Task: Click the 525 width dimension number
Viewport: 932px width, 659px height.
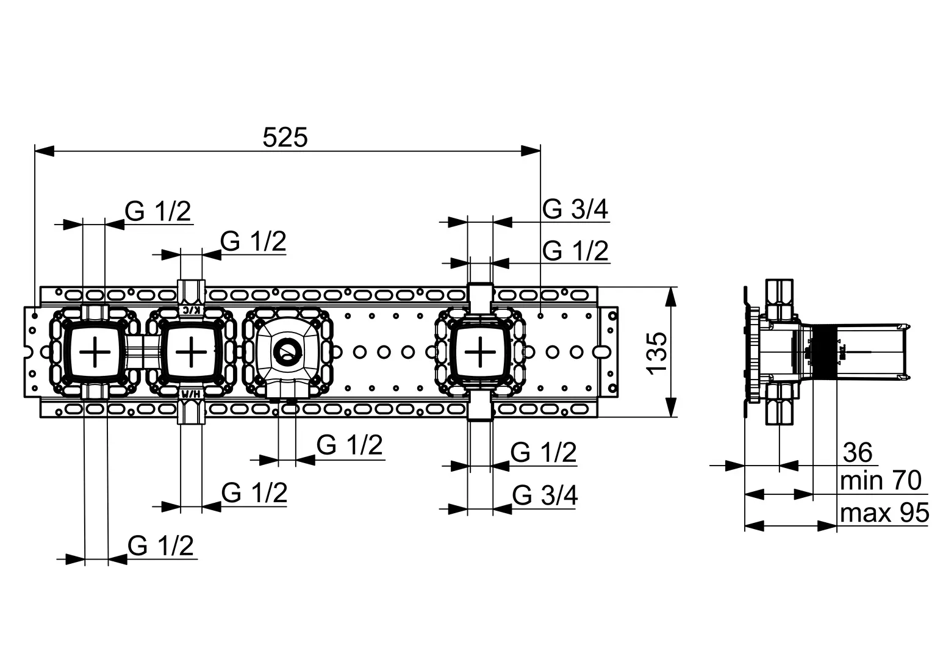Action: [285, 137]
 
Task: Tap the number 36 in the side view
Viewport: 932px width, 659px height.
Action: [858, 453]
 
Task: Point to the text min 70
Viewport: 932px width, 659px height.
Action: [880, 481]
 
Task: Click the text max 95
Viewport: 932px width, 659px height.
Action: [884, 513]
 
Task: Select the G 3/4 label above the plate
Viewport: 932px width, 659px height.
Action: [575, 210]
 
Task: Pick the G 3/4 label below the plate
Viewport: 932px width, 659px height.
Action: [545, 495]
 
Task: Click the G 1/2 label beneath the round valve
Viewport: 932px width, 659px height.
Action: [349, 445]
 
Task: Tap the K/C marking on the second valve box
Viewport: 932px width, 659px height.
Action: [192, 310]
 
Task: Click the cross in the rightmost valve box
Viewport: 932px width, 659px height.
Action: [481, 352]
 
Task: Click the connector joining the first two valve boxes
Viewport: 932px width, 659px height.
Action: [142, 352]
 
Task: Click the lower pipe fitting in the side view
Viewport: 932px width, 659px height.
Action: [779, 406]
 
